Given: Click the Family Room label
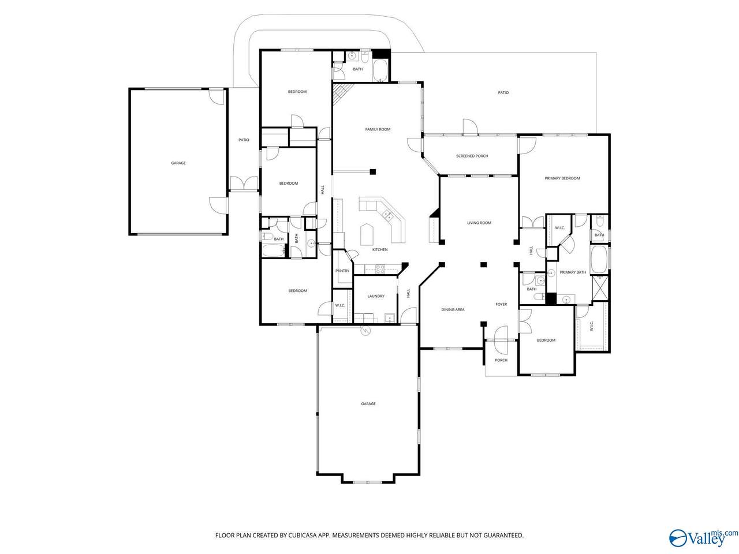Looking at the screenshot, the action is pyautogui.click(x=378, y=129).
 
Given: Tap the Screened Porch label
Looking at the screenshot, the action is pyautogui.click(x=472, y=156).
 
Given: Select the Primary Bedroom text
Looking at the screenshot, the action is pyautogui.click(x=562, y=178).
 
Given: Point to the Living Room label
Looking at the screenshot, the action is pyautogui.click(x=479, y=223).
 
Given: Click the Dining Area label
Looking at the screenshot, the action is pyautogui.click(x=453, y=309).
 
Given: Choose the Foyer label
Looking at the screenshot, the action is pyautogui.click(x=501, y=304).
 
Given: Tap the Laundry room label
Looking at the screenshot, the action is pyautogui.click(x=376, y=296).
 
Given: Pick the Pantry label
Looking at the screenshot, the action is pyautogui.click(x=342, y=271).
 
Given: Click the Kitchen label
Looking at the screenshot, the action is pyautogui.click(x=380, y=249).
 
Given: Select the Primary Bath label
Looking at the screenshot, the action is pyautogui.click(x=572, y=272).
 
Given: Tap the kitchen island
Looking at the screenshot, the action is pyautogui.click(x=367, y=234).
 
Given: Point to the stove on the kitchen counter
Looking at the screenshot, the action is pyautogui.click(x=380, y=268).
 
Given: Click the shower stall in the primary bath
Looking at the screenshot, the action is pyautogui.click(x=600, y=287).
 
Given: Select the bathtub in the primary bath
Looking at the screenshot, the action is pyautogui.click(x=599, y=259).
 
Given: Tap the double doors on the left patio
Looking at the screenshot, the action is pyautogui.click(x=244, y=184).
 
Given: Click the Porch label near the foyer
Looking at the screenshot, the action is pyautogui.click(x=501, y=360).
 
